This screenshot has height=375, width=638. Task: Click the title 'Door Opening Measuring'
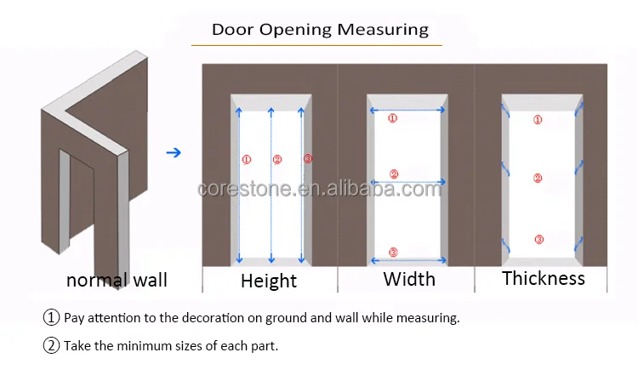(x=320, y=30)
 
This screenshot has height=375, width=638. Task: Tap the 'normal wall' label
(x=117, y=280)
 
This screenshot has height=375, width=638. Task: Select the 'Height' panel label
(x=269, y=281)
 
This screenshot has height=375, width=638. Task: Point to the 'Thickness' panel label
(x=544, y=278)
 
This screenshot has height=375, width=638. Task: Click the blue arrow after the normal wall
(x=174, y=153)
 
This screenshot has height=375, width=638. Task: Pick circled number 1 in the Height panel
(x=247, y=159)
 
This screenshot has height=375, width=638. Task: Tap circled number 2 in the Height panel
(x=276, y=159)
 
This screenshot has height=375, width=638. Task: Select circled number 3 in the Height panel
(x=307, y=159)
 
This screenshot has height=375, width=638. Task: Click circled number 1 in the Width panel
(x=392, y=119)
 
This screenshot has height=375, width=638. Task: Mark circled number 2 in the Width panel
(x=394, y=174)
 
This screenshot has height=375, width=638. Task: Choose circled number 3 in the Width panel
(x=392, y=252)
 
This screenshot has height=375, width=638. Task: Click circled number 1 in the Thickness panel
(x=538, y=120)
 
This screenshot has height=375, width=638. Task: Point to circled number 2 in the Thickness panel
(x=538, y=178)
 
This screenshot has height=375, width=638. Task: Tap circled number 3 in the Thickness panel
(x=538, y=239)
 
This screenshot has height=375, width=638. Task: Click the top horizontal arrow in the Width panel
(x=407, y=110)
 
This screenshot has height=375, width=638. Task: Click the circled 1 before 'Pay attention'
(x=52, y=318)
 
